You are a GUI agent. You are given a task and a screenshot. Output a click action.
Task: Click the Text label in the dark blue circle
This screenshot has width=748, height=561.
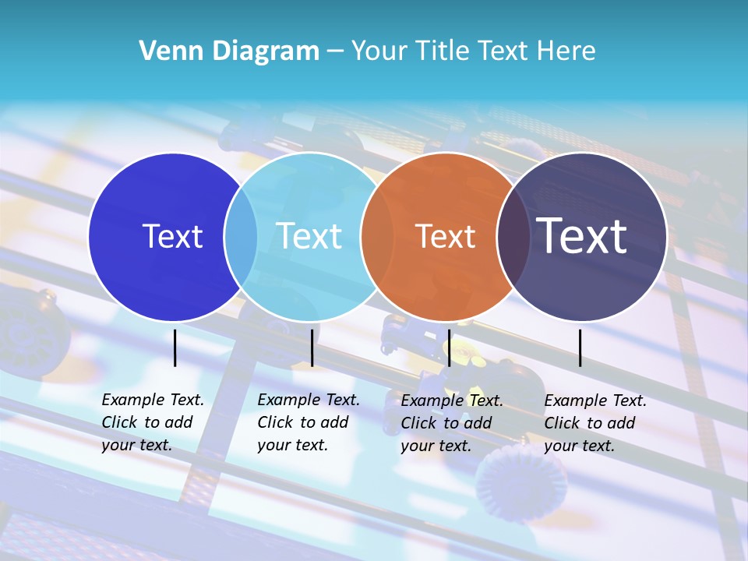[172, 236]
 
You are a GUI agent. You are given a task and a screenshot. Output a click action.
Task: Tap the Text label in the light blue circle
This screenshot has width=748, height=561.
[309, 236]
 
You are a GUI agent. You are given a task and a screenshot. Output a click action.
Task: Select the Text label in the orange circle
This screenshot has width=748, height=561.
[445, 237]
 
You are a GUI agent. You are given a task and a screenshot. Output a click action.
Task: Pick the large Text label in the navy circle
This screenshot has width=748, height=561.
[582, 236]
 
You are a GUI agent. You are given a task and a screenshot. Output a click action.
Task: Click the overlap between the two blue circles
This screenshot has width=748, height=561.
[241, 237]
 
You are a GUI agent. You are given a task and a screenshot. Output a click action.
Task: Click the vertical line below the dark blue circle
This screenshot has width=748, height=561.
[175, 348]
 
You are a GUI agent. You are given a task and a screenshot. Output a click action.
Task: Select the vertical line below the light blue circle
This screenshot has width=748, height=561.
[312, 348]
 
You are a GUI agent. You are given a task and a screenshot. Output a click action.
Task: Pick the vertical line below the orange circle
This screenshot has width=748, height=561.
[449, 348]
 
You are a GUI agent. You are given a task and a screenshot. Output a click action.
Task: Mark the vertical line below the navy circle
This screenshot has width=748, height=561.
[580, 348]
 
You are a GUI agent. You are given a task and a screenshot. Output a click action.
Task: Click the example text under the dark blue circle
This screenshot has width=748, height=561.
[152, 422]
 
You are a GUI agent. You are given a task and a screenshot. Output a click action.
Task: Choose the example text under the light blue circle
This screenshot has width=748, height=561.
[308, 422]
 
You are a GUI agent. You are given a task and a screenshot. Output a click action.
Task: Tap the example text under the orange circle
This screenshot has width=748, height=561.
[451, 423]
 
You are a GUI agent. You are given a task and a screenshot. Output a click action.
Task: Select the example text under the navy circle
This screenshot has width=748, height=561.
[595, 423]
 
